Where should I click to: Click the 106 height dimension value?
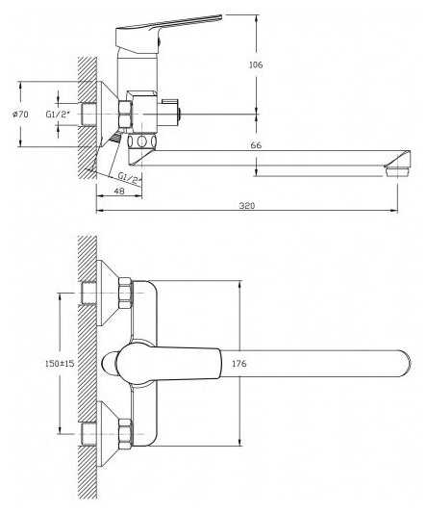coord(256,65)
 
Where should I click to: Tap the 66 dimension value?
coord(256,145)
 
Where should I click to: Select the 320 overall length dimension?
coord(247,206)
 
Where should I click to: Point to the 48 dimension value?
coord(120,191)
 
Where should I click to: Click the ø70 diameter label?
coord(20,115)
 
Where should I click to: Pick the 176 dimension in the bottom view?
coord(239,364)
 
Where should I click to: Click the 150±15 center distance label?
coord(60,363)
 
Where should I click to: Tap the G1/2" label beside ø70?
coord(58,115)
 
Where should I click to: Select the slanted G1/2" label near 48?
coord(131,178)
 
